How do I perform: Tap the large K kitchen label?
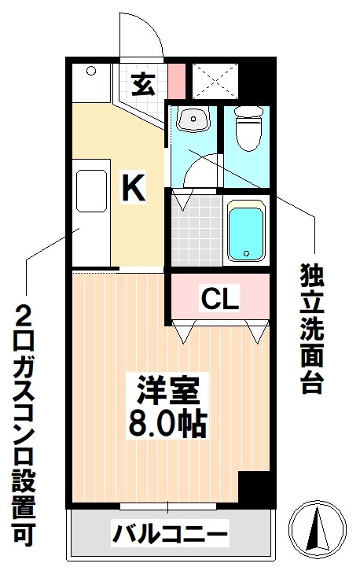(x=134, y=188)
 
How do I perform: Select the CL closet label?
(x=219, y=299)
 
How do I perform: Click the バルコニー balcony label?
(x=170, y=535)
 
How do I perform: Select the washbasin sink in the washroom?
(x=192, y=120)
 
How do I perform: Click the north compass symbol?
(x=318, y=526)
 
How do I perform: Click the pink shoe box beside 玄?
(x=178, y=80)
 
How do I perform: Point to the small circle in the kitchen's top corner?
(x=90, y=72)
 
